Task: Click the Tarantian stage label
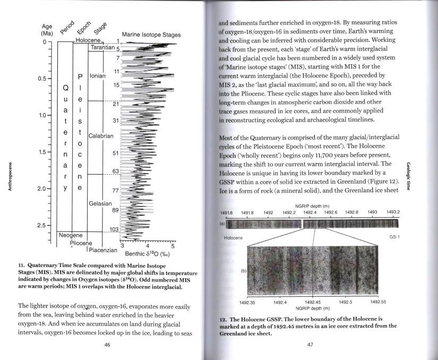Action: click(103, 48)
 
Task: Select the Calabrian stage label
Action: click(101, 136)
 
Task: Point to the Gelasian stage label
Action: click(100, 203)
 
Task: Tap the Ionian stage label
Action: click(99, 76)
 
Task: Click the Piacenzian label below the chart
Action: click(103, 250)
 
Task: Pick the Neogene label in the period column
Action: click(71, 235)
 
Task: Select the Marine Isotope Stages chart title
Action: click(151, 35)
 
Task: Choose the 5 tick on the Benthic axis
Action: click(172, 245)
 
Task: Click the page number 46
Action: click(107, 345)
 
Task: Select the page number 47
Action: click(311, 345)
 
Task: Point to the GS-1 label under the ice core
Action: click(393, 237)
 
